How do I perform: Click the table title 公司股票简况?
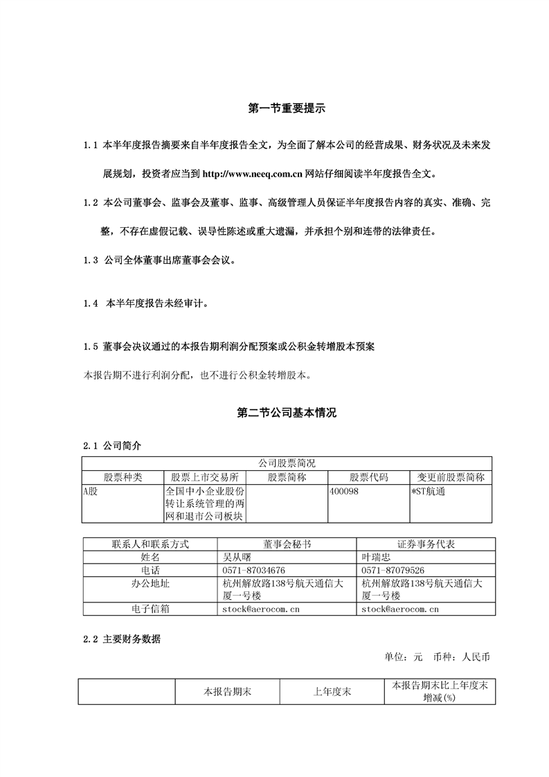click(287, 463)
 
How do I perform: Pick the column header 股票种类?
click(122, 477)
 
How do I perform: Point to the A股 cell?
click(91, 491)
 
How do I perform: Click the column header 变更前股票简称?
click(451, 477)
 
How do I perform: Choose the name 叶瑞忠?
click(377, 557)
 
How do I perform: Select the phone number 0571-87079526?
click(396, 570)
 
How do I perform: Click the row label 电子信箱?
click(150, 609)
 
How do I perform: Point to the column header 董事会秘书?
click(287, 544)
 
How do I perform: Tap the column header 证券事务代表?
click(425, 544)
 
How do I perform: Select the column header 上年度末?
click(332, 691)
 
